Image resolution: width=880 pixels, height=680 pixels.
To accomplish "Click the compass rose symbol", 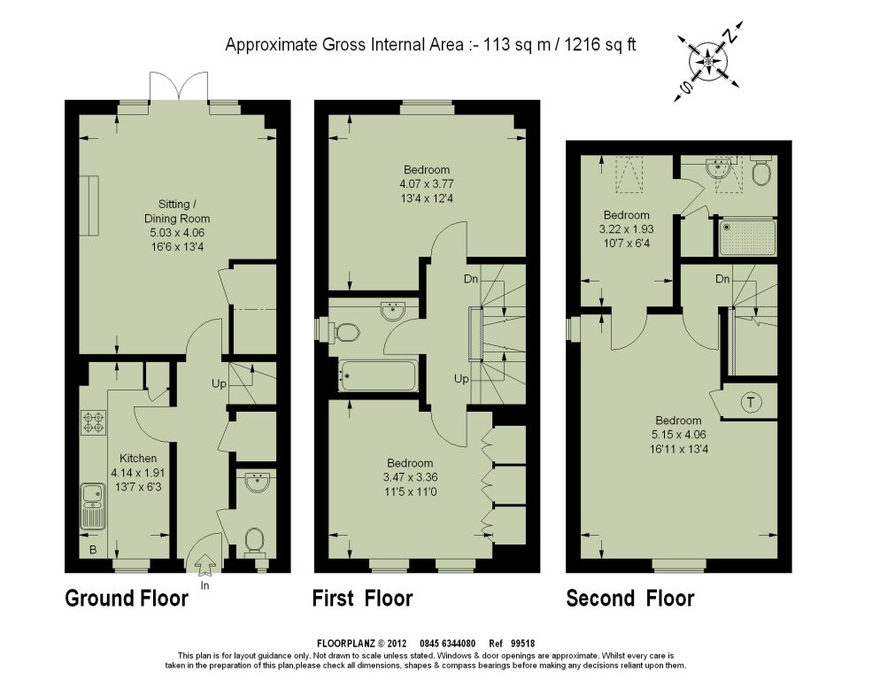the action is [709, 61].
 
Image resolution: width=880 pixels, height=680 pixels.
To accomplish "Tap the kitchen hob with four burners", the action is [93, 422].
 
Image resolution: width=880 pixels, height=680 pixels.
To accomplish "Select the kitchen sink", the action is [93, 506].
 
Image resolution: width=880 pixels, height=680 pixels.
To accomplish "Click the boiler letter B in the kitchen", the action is [93, 550].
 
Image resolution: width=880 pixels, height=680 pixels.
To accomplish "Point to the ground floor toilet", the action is [255, 541].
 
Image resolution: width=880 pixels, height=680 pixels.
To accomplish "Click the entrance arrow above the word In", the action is [205, 564].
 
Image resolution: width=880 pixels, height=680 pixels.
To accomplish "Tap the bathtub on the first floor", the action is [377, 375].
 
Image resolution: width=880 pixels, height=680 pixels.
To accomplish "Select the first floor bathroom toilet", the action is [344, 332].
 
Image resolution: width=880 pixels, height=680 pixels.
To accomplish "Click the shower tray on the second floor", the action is [747, 237].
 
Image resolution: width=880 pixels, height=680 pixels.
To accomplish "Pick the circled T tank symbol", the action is [751, 402].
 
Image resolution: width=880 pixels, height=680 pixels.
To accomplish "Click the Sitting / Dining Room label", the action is [177, 211].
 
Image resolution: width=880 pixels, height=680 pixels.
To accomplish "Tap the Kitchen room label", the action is [138, 458].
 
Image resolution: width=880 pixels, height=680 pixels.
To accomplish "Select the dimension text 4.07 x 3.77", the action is [427, 183].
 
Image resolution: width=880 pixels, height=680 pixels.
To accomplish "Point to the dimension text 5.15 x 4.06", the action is [678, 434].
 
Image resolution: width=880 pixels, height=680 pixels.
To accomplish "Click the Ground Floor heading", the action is [127, 598].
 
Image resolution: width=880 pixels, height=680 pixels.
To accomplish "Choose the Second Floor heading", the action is [630, 598].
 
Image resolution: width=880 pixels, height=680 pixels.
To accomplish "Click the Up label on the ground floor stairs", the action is [219, 384].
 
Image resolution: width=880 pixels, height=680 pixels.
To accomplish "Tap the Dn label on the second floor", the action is [722, 279].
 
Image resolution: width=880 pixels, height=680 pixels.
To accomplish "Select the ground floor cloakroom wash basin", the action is [259, 483].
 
